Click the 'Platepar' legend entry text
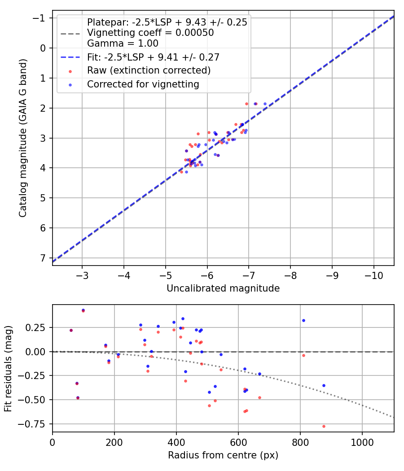coord(167,22)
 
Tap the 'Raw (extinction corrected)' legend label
coord(149,70)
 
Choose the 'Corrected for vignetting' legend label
coord(143,84)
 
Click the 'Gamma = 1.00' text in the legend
coord(123,44)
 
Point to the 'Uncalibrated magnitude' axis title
coord(223,288)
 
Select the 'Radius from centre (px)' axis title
coord(223,455)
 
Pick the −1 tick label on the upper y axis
coord(40,18)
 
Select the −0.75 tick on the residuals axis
coord(35,424)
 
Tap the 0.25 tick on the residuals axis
coord(38,327)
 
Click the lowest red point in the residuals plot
coord(324,426)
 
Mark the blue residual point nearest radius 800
coord(303,320)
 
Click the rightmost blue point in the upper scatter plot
coord(265,104)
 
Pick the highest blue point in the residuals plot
coord(83,310)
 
